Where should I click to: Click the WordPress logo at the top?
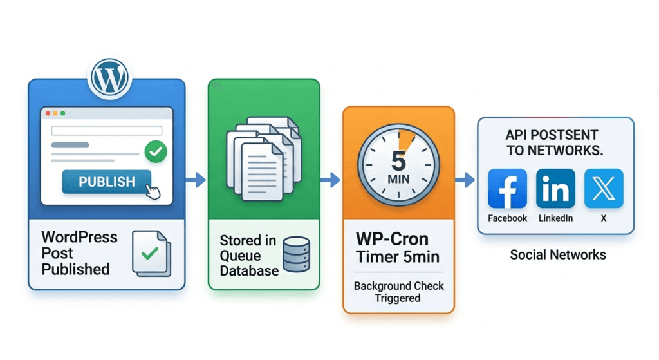tap(109, 78)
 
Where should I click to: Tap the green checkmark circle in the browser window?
tap(156, 151)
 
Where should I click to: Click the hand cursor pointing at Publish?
tap(153, 191)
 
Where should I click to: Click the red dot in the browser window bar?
tap(48, 113)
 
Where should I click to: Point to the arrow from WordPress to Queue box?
tap(196, 180)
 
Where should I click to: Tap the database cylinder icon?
tap(296, 254)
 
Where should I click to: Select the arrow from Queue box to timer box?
tap(330, 180)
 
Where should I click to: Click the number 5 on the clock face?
tap(398, 161)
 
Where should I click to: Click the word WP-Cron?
tap(392, 239)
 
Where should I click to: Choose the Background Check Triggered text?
tap(398, 292)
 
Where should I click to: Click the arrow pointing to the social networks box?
tap(465, 180)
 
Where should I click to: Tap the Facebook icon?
tap(507, 189)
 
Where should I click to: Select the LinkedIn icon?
tap(555, 189)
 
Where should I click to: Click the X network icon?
tap(604, 189)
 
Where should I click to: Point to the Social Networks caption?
tap(558, 254)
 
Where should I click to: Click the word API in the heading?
tap(515, 135)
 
